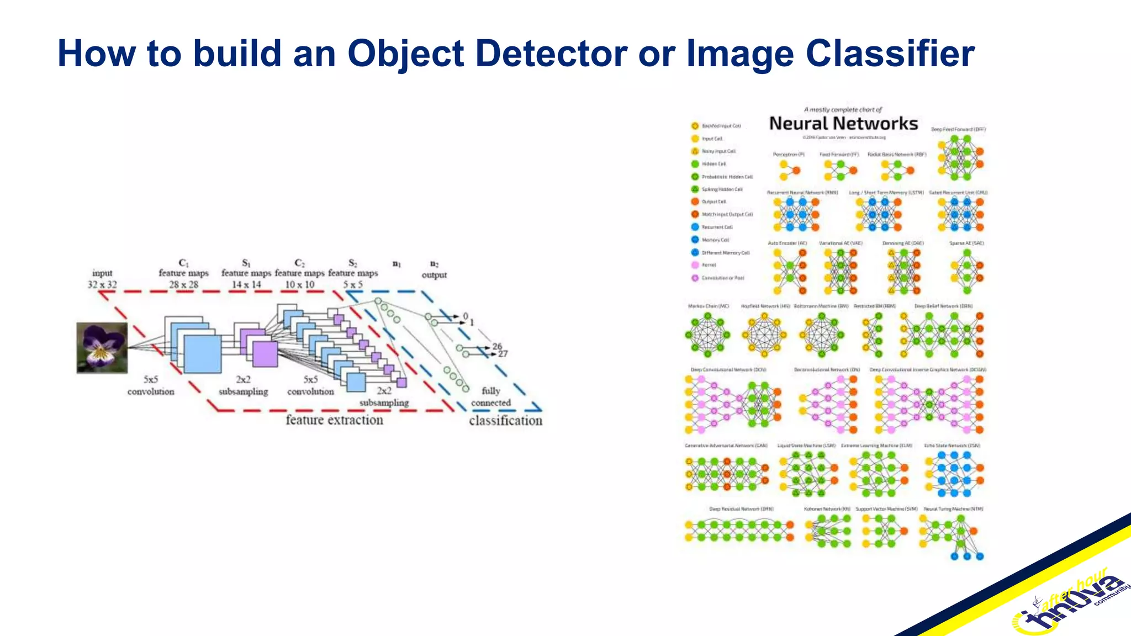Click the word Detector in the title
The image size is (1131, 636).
[x=551, y=54]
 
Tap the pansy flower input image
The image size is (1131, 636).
[x=102, y=348]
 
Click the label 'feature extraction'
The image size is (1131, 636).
[x=334, y=420]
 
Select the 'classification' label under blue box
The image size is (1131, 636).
[x=505, y=421]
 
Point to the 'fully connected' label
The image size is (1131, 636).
[x=490, y=397]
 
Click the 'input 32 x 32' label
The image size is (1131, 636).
[x=102, y=279]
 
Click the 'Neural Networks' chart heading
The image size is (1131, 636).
[x=843, y=124]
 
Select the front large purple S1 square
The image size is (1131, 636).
[x=265, y=354]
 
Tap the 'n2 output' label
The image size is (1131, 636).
[x=434, y=269]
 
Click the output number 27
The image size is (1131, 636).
[x=503, y=354]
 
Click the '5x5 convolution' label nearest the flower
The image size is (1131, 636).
[x=151, y=385]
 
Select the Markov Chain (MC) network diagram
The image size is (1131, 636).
[x=707, y=334]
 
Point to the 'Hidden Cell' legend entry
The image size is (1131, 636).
[x=713, y=164]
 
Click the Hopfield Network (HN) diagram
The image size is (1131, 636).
[x=764, y=334]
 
